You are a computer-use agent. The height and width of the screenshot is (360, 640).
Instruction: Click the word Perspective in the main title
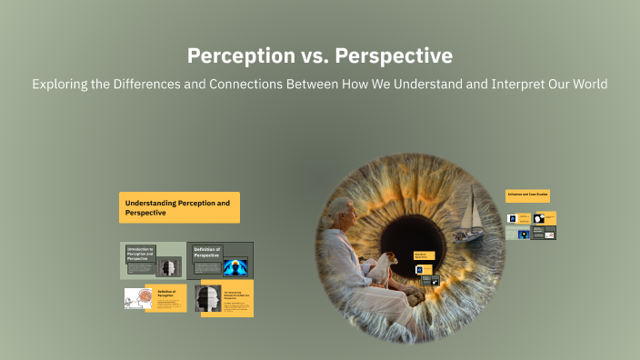tap(394, 56)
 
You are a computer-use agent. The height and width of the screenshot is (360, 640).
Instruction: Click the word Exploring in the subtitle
tap(62, 85)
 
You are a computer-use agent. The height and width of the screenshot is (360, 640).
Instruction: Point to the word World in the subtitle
tap(584, 85)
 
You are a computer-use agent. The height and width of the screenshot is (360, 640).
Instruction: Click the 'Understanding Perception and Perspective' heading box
tap(179, 207)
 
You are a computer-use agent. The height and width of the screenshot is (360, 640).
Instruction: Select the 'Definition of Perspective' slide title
tap(207, 253)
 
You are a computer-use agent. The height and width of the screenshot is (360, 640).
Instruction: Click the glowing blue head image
tap(235, 266)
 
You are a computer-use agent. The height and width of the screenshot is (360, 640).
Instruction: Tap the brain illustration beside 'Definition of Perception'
tap(138, 298)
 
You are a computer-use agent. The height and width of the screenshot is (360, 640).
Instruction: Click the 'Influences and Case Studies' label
tap(527, 195)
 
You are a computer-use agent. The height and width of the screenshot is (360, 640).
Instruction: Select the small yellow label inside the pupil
tap(424, 256)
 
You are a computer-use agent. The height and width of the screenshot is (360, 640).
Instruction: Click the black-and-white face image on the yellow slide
tap(208, 298)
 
